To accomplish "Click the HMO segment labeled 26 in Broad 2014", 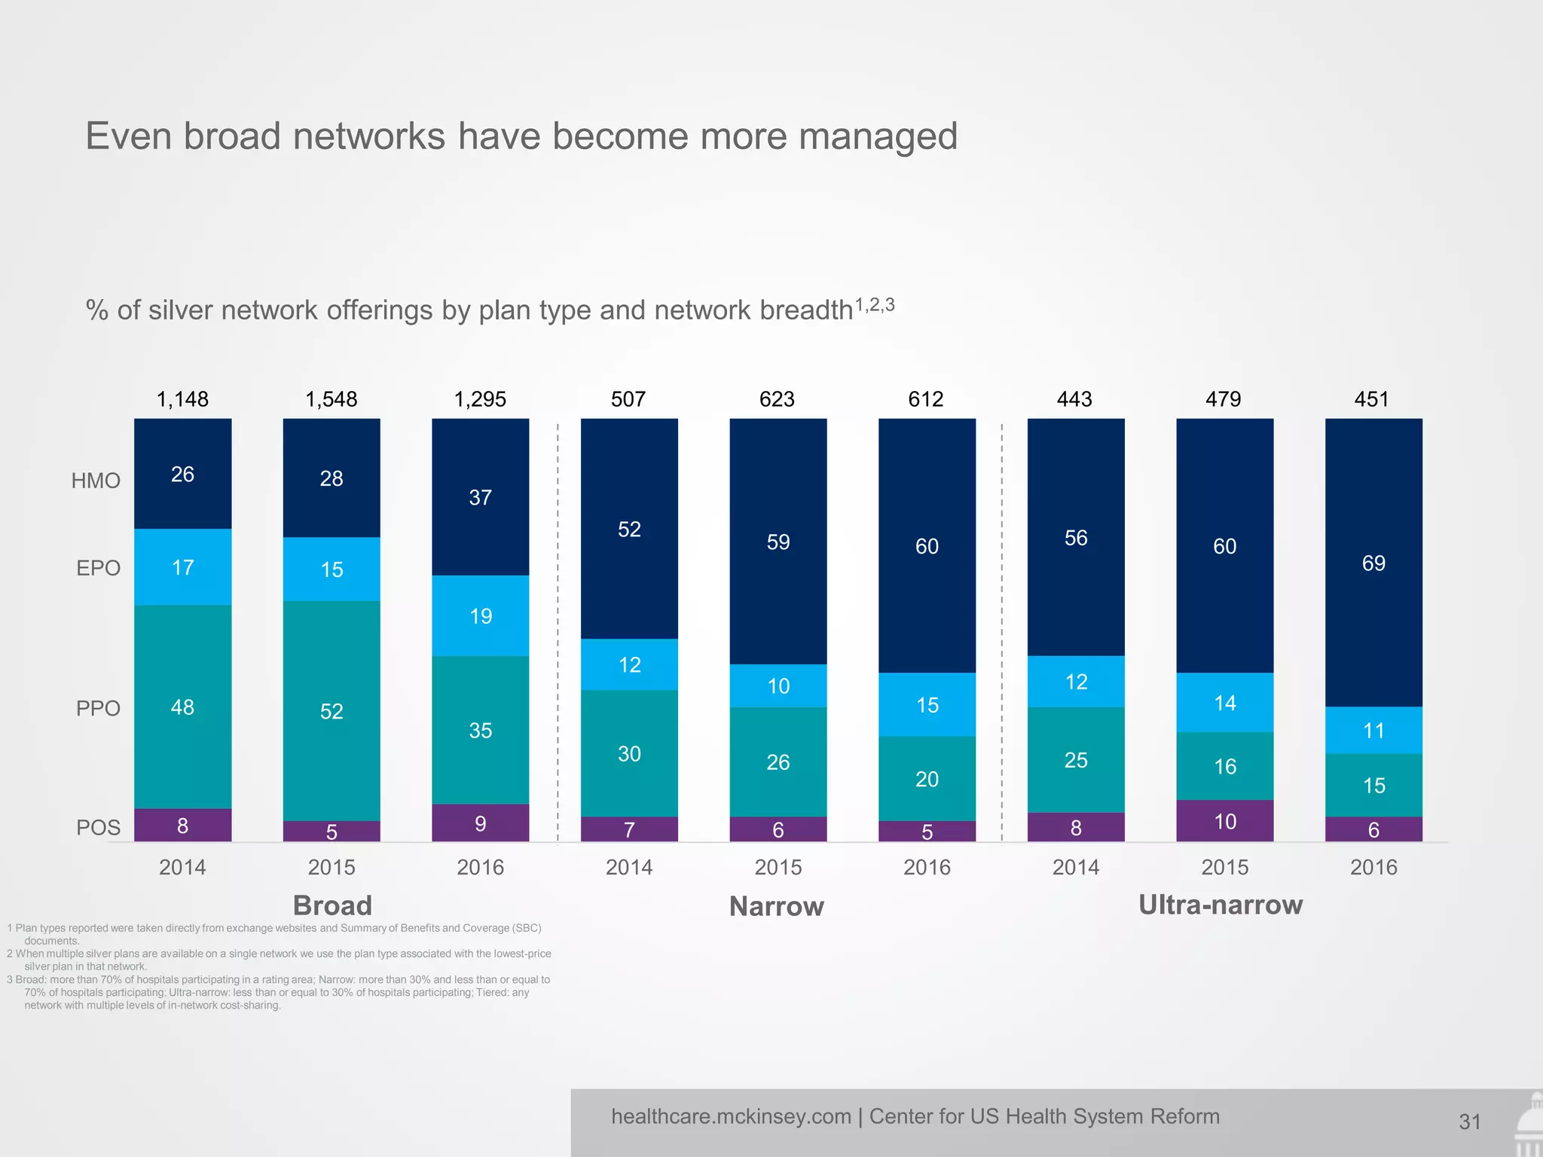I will (x=182, y=474).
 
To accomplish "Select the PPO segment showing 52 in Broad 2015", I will (x=332, y=710).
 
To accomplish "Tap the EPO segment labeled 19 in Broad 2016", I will (x=480, y=615).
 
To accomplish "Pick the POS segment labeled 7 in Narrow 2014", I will (x=629, y=829).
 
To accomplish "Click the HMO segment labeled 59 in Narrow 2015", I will (x=778, y=542).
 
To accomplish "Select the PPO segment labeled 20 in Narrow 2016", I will (x=927, y=778).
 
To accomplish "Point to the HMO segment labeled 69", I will (x=1373, y=563).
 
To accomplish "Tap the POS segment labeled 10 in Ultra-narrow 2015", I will (x=1224, y=821).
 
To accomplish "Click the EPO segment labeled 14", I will (x=1224, y=702).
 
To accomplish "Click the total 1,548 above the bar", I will (x=332, y=399).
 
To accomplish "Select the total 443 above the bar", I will (x=1074, y=399).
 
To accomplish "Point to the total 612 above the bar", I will (x=926, y=399).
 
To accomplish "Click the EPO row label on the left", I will (x=98, y=568).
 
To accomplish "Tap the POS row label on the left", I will (x=98, y=828).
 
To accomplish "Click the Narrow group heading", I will (x=776, y=906).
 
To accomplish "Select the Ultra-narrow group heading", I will (x=1221, y=905).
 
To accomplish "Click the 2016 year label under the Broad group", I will (x=480, y=867).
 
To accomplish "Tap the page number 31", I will (x=1469, y=1122).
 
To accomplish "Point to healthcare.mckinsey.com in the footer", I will (x=731, y=1116).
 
